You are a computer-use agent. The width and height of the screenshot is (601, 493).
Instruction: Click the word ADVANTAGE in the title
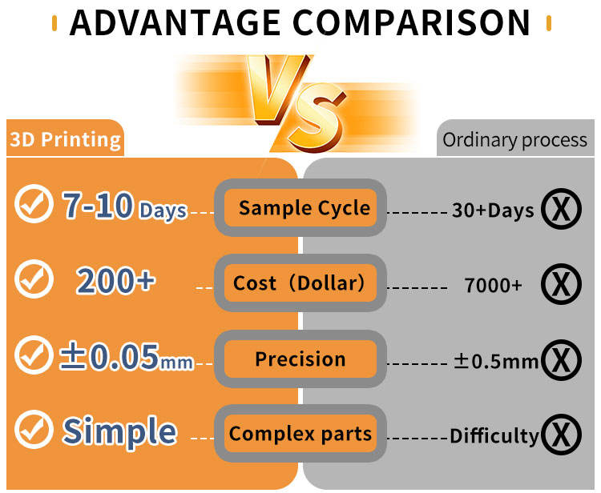(175, 23)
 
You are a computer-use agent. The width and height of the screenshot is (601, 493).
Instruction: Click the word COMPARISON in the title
(412, 23)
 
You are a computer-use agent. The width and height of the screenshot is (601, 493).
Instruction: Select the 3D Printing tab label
(65, 139)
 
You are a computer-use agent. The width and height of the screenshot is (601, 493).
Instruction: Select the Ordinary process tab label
(514, 140)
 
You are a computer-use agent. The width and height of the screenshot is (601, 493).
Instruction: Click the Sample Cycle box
(300, 207)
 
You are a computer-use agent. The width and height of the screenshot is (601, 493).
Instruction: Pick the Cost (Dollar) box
(300, 283)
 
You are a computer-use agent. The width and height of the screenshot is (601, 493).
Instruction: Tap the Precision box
(300, 359)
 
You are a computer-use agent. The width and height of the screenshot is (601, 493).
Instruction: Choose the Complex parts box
(300, 433)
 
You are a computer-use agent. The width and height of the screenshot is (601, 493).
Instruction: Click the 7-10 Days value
(125, 206)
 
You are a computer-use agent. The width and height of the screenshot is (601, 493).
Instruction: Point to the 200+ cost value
(115, 282)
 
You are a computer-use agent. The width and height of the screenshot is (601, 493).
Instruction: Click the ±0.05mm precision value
(127, 357)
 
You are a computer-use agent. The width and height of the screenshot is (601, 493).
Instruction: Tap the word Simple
(119, 431)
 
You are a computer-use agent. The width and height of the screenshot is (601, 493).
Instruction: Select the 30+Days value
(493, 210)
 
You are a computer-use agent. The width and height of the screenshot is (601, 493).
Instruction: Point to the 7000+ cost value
(493, 285)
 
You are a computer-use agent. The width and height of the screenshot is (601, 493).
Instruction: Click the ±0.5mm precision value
(496, 361)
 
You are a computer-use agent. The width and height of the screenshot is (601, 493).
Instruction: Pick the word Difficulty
(494, 436)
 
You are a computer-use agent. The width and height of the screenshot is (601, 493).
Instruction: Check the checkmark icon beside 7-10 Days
(34, 203)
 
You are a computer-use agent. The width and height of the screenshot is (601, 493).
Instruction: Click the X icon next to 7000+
(561, 284)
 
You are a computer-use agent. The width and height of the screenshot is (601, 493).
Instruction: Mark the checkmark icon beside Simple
(34, 430)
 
